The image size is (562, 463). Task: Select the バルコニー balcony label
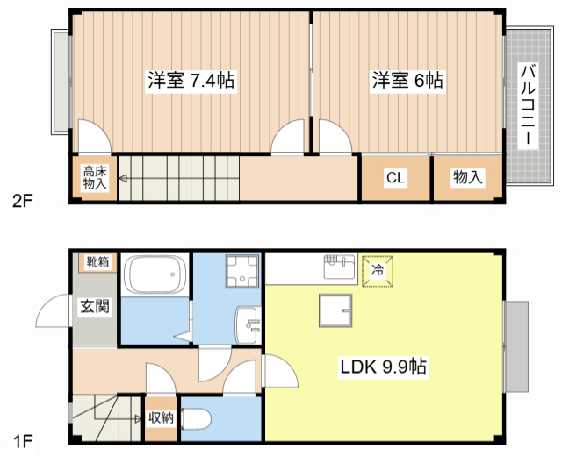coord(527,104)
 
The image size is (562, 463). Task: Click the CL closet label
coord(395,178)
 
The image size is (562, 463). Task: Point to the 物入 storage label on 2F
coord(467,178)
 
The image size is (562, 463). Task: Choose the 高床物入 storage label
coord(94,178)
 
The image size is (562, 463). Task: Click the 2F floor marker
coord(22,200)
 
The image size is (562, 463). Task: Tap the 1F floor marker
coord(22,436)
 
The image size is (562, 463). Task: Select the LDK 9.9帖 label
coord(384,367)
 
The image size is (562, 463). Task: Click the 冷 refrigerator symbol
coord(378,270)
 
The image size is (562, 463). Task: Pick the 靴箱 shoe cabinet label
coord(97,261)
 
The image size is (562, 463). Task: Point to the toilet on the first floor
coord(194,419)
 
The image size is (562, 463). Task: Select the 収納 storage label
coord(161,418)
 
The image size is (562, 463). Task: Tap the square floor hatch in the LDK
coord(335,309)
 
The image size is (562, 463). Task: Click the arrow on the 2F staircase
coord(124,179)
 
